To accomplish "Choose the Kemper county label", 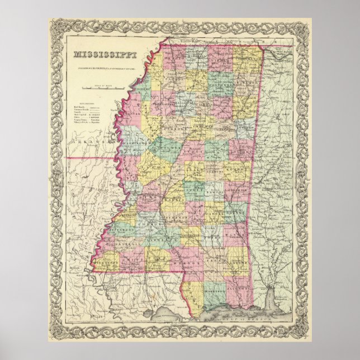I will click(241, 168).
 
